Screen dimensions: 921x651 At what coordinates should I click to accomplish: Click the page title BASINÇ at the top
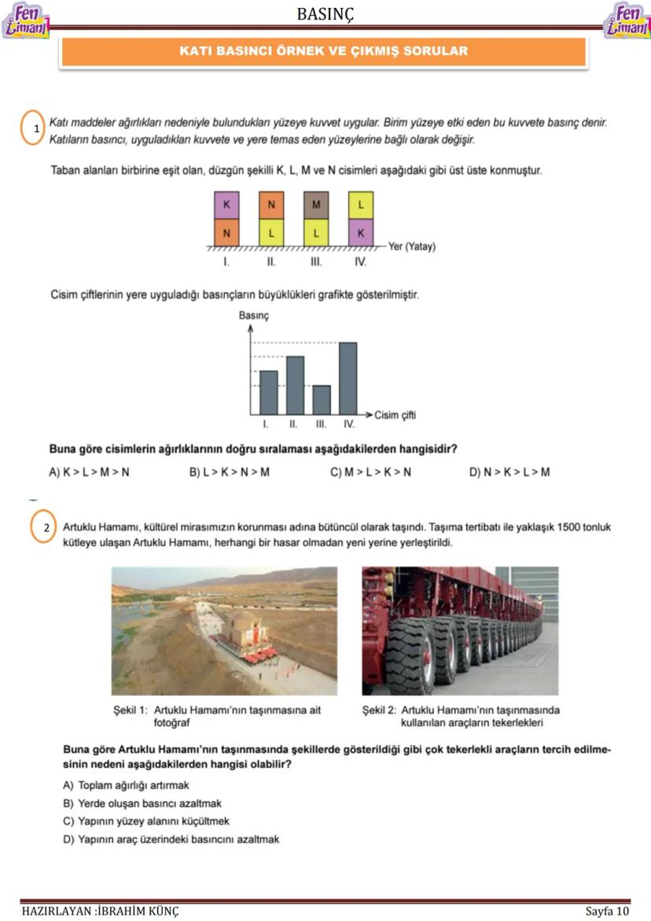coord(325,13)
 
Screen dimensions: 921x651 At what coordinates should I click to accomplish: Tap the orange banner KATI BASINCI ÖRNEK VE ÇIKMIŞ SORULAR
coord(323,52)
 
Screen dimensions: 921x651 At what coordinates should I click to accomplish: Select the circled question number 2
coord(46,527)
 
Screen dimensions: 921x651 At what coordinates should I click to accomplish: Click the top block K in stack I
coord(226,205)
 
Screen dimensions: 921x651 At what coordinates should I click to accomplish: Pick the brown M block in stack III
coord(316,205)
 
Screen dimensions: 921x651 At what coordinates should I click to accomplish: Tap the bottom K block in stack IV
coord(361,233)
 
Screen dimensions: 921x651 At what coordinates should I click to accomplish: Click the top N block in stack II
coord(271,205)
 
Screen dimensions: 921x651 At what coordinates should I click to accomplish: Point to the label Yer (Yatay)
coord(411,246)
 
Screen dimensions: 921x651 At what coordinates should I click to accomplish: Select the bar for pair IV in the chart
coord(348,378)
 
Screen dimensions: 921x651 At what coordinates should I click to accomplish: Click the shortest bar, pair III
coord(322,400)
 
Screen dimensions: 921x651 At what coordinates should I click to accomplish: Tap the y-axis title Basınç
coord(254,315)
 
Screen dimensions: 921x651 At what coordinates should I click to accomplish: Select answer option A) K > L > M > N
coord(88,472)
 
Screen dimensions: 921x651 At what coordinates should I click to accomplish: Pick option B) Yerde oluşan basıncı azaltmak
coord(142,804)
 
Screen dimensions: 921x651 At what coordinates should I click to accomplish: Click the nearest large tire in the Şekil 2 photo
coord(409,653)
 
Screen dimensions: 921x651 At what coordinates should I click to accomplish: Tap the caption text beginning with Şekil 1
coord(217,716)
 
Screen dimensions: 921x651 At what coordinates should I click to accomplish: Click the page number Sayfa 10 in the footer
coord(607,911)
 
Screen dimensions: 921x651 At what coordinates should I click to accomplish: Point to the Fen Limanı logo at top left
coord(25,20)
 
